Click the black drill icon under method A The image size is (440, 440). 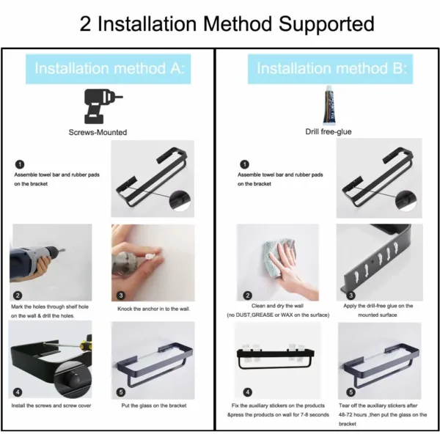pyautogui.click(x=103, y=106)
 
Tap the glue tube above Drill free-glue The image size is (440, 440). pyautogui.click(x=329, y=106)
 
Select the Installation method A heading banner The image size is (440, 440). pyautogui.click(x=109, y=69)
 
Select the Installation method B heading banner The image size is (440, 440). pyautogui.click(x=330, y=69)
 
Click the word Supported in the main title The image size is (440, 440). pyautogui.click(x=326, y=24)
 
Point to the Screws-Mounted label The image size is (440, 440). pyautogui.click(x=98, y=132)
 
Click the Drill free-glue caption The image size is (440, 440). pyautogui.click(x=329, y=131)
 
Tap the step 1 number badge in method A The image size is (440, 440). pyautogui.click(x=20, y=164)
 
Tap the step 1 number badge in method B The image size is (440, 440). pyautogui.click(x=245, y=164)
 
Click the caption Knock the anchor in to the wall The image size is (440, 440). pyautogui.click(x=154, y=309)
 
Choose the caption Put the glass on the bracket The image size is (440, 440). pyautogui.click(x=154, y=406)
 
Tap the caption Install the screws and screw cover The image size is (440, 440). pyautogui.click(x=51, y=406)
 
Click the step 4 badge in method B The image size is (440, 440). pyautogui.click(x=248, y=392)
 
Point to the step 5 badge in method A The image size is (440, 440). pyautogui.click(x=121, y=392)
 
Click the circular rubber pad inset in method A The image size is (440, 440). pyautogui.click(x=180, y=201)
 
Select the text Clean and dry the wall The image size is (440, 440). pyautogui.click(x=277, y=306)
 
